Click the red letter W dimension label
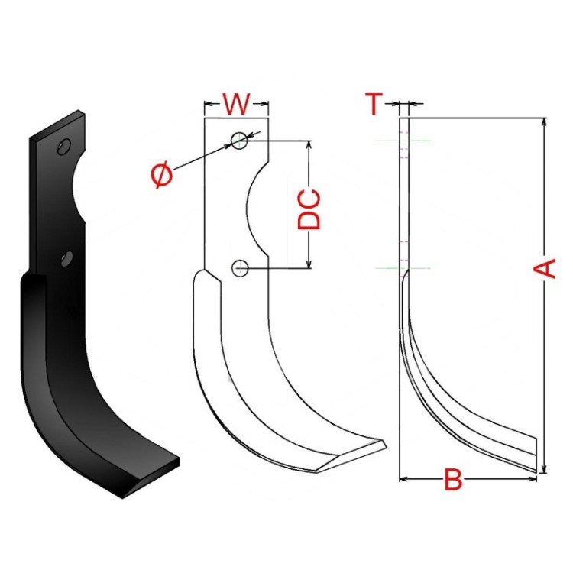tap(236, 102)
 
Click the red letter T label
tap(374, 103)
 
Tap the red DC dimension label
tap(309, 209)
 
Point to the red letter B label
tap(453, 481)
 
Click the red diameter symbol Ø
tap(163, 176)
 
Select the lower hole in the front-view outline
tap(241, 267)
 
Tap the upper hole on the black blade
tap(64, 147)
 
